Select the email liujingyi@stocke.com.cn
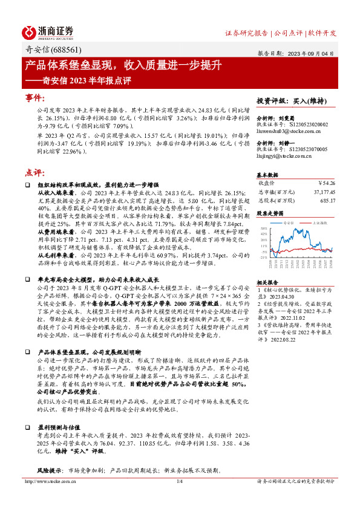click(282, 155)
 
